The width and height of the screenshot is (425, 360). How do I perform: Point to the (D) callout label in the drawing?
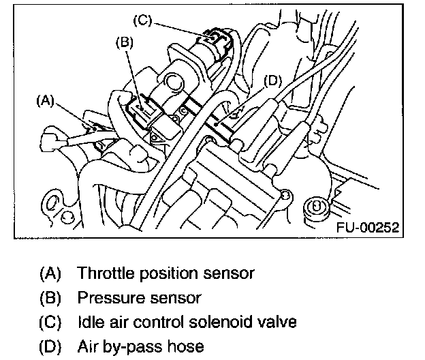click(271, 80)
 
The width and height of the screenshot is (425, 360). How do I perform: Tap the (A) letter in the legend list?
click(51, 274)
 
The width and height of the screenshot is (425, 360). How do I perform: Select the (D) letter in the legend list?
click(51, 346)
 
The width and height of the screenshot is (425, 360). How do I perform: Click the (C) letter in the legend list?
click(51, 322)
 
